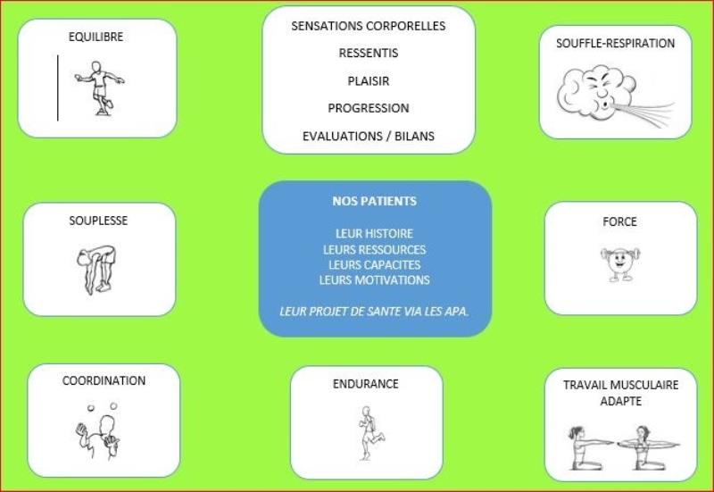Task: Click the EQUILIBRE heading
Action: click(95, 37)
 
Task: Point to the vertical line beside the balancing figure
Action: click(58, 88)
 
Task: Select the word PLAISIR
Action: click(369, 81)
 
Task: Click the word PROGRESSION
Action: click(369, 108)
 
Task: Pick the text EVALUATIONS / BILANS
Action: click(369, 137)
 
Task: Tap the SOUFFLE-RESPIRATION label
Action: click(615, 43)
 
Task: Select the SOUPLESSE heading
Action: click(98, 221)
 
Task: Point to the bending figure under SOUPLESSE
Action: click(96, 270)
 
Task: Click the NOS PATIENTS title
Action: click(374, 202)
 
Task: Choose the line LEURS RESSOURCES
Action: click(374, 250)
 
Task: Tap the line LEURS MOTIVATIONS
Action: click(374, 279)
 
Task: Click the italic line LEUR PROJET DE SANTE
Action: click(374, 312)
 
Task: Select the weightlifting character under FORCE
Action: click(619, 264)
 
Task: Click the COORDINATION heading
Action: click(104, 380)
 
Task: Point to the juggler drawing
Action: click(97, 431)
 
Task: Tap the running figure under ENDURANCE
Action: click(371, 433)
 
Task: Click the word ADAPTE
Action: click(620, 401)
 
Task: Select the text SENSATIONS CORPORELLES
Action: click(369, 26)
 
